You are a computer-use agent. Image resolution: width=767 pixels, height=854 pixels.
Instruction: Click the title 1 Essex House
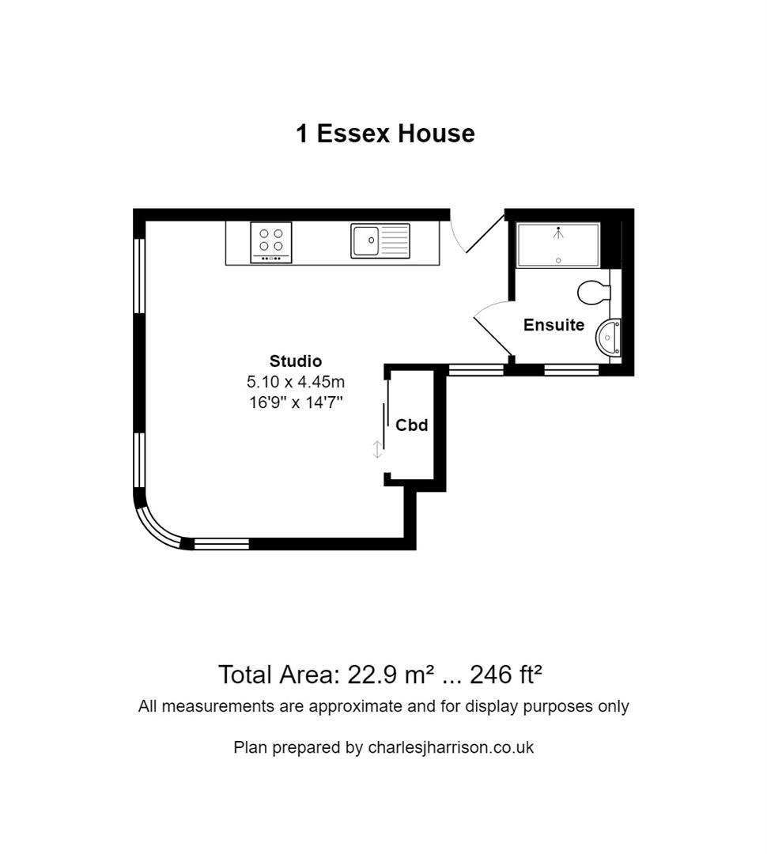coord(385,133)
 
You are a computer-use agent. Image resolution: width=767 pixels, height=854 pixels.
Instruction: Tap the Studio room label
coord(296,361)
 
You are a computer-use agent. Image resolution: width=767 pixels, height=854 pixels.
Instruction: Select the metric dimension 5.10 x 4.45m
coord(296,382)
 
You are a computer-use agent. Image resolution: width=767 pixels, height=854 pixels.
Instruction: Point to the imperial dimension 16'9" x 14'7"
coord(296,402)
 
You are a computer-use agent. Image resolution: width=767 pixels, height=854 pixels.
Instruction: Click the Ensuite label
coord(554,325)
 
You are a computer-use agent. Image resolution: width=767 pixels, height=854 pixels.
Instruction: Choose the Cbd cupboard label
coord(411,425)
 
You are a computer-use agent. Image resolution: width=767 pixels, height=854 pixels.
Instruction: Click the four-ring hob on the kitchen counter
coord(271,242)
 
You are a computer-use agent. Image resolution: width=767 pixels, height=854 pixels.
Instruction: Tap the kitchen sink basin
coord(366,240)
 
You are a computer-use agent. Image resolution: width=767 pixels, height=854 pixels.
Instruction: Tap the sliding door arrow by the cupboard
coord(377,450)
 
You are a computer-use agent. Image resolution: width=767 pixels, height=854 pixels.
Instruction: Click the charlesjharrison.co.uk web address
coord(451,747)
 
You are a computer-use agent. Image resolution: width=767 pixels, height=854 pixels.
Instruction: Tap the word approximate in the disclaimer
coord(356,706)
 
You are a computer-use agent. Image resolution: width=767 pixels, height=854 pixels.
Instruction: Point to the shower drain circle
coord(559,260)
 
